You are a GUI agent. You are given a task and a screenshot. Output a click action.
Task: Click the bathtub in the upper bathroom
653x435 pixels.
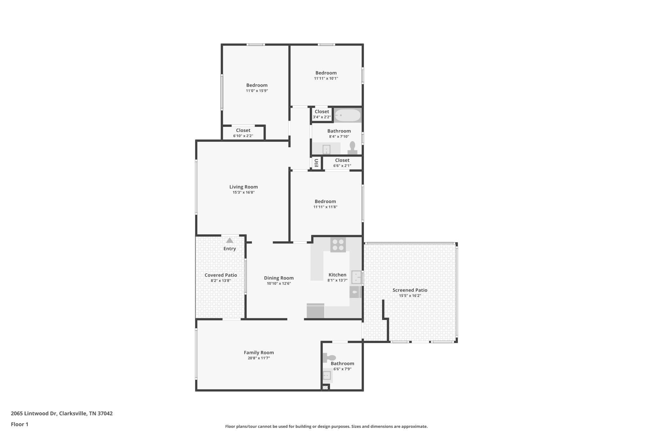tap(348, 115)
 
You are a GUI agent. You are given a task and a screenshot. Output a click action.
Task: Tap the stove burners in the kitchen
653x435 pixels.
tap(338, 245)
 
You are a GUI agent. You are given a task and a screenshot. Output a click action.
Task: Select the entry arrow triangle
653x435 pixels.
tap(230, 240)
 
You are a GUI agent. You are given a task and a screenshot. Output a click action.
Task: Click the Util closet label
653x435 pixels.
tap(316, 163)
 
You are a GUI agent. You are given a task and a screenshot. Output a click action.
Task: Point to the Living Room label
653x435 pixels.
tap(244, 187)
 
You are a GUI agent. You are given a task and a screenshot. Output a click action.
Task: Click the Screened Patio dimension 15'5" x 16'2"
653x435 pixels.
tap(410, 296)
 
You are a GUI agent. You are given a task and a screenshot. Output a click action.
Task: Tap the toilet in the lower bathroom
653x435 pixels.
tap(330, 358)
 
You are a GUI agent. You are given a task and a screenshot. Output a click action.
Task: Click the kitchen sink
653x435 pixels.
tap(356, 277)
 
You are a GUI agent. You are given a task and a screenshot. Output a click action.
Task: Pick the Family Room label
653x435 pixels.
tap(259, 352)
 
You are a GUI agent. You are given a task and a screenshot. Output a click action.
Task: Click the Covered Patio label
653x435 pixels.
tap(221, 275)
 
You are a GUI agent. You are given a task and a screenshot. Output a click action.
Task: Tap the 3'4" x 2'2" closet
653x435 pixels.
tap(322, 114)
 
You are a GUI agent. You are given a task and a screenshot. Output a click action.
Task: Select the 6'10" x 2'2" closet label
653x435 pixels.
tap(243, 130)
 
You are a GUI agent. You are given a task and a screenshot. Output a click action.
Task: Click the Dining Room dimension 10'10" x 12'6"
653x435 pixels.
tap(279, 284)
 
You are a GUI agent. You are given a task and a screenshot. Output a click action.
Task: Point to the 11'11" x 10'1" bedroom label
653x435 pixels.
tap(326, 73)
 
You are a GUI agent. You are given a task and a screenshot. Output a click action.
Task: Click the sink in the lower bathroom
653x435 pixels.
tap(327, 375)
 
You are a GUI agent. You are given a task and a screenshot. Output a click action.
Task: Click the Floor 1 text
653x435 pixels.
tap(19, 424)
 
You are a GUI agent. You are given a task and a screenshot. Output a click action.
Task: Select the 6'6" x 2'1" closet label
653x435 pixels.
tap(342, 160)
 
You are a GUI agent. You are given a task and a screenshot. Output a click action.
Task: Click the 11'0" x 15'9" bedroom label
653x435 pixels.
tap(257, 85)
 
